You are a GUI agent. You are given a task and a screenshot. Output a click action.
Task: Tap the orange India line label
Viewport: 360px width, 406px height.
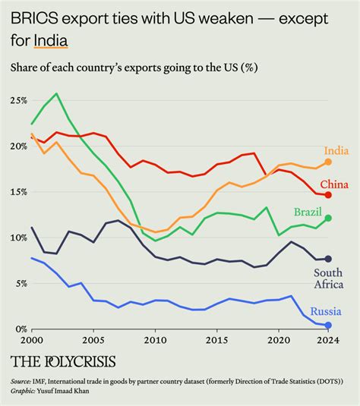[x=336, y=150]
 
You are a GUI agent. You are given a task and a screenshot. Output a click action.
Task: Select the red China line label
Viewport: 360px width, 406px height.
[x=335, y=184]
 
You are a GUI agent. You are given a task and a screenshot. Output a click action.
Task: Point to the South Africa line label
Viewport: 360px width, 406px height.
[x=329, y=278]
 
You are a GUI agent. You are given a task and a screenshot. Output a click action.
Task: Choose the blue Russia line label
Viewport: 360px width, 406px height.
[x=330, y=311]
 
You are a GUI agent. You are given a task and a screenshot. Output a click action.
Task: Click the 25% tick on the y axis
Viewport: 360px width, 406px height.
[x=18, y=101]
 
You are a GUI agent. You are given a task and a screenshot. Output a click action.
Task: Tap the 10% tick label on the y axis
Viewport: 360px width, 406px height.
[x=18, y=238]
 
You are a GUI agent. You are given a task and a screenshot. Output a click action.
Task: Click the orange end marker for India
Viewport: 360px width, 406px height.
[x=328, y=162]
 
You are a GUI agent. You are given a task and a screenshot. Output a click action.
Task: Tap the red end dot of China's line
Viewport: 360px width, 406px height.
[x=328, y=195]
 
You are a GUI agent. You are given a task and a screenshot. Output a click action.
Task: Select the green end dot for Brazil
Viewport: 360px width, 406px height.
[x=328, y=218]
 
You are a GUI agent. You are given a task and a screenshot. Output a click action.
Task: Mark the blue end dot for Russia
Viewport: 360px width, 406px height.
[x=328, y=326]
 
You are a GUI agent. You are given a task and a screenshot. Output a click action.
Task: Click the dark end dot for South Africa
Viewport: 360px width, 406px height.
[x=328, y=259]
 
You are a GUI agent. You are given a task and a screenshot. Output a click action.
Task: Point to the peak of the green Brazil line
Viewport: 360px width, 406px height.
[x=55, y=94]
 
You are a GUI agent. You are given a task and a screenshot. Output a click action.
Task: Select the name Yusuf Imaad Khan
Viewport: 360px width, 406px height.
[x=65, y=392]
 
